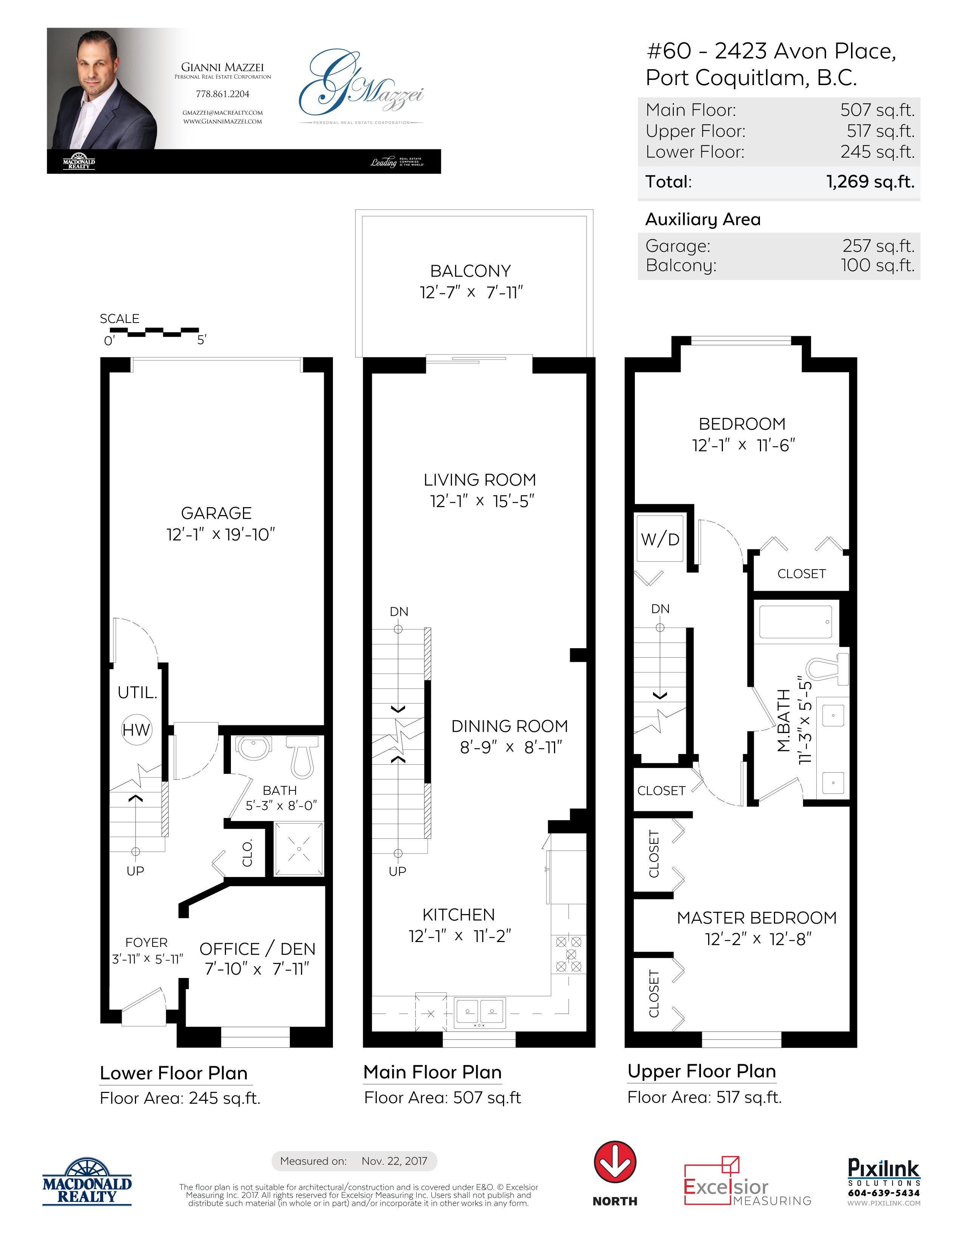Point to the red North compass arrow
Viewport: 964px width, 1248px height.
(x=615, y=1163)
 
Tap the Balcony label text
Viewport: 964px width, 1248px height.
(x=470, y=271)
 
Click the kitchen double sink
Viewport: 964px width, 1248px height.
(x=479, y=1012)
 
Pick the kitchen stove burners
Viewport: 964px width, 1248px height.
(x=569, y=954)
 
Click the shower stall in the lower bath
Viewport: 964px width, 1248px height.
(x=299, y=849)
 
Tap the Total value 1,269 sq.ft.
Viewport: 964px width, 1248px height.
(x=870, y=182)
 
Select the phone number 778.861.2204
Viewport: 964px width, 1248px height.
(x=223, y=94)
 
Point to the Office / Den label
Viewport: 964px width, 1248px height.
(x=257, y=949)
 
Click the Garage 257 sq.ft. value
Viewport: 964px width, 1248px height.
(x=878, y=246)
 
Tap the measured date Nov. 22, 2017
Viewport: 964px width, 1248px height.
(x=394, y=1161)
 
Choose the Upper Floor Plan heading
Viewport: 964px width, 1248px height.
(x=701, y=1071)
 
